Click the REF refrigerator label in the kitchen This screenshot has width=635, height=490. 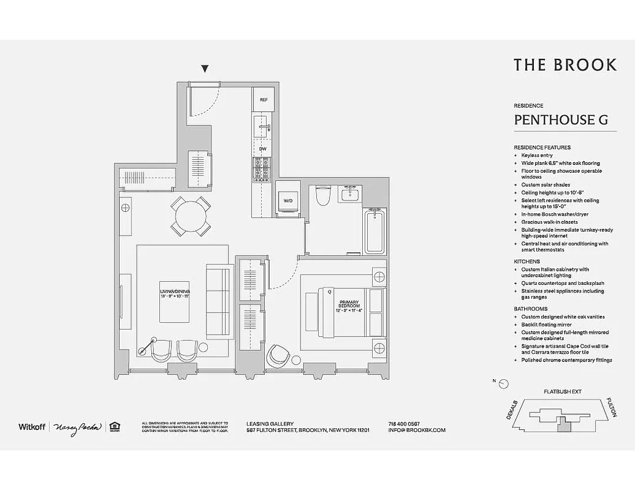coord(264,99)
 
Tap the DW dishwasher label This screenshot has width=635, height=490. coord(262,148)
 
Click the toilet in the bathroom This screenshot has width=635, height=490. coord(322,197)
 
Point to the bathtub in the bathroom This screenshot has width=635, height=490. coord(375,231)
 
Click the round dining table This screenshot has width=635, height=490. coord(190,217)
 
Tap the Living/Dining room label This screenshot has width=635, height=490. coord(175,293)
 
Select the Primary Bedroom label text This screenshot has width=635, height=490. coord(348,305)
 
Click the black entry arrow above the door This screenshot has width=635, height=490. coord(205,69)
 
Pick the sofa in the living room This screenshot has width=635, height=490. coord(218,302)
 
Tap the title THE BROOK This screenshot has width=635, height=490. coord(565,65)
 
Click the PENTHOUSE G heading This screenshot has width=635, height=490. coord(560,120)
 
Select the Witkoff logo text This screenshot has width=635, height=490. coord(32,426)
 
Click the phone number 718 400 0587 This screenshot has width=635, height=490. coord(404,423)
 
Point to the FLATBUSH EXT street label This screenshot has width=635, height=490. coord(561,391)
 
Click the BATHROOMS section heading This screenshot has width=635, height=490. coord(530,309)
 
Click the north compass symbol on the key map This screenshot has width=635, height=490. coord(503,384)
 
